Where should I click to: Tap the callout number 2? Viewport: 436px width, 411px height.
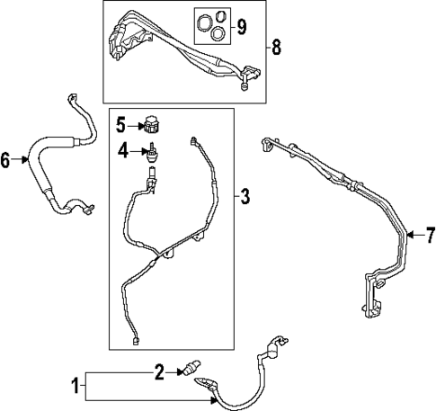158,369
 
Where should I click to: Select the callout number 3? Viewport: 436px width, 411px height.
245,196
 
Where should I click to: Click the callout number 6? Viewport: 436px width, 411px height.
7,161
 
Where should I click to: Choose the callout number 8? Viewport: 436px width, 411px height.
275,47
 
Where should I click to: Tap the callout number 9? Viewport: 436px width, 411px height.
240,24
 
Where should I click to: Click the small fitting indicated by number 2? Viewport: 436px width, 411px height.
190,368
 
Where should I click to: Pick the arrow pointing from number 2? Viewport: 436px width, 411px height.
174,369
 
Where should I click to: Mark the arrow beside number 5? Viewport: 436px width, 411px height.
135,127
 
